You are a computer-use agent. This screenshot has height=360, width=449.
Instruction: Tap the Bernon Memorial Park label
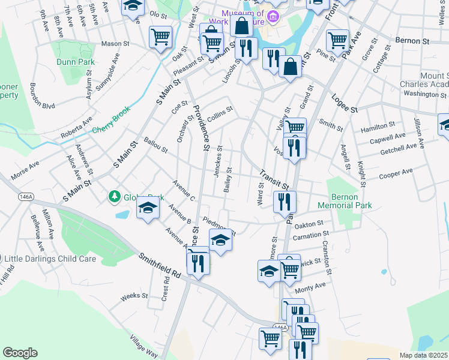[351, 201]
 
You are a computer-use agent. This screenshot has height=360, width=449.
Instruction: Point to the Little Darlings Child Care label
[50, 259]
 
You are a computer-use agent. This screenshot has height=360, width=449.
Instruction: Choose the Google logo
[20, 353]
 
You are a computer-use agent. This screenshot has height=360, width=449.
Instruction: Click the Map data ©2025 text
[423, 355]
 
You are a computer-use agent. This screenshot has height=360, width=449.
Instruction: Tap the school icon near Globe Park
[148, 209]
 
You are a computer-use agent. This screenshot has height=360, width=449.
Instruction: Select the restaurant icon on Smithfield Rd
[197, 262]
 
